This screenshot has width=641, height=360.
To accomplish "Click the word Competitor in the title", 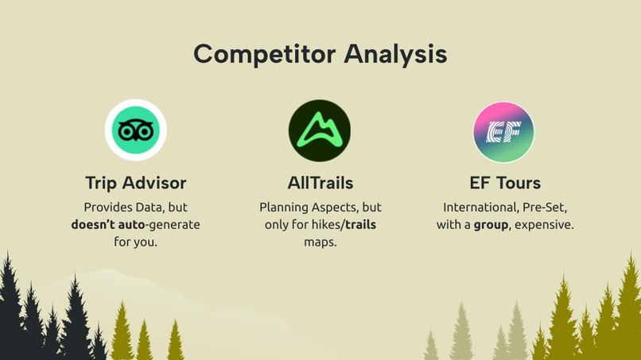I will pos(264,55).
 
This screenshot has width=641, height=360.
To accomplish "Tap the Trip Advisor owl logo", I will pos(135,130).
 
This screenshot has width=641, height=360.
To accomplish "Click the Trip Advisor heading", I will pos(135,183).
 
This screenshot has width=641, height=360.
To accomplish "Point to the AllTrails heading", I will pos(320,183).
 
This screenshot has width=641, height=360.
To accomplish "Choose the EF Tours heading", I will pos(505,183).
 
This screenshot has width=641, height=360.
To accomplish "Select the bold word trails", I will pos(360,225).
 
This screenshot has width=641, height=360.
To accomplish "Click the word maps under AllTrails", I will pos(320,242).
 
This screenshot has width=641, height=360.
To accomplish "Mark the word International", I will pos(480,207).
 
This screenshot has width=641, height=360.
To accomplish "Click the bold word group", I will pos(491,225).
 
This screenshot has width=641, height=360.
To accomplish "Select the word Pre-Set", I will pos(546,207).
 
